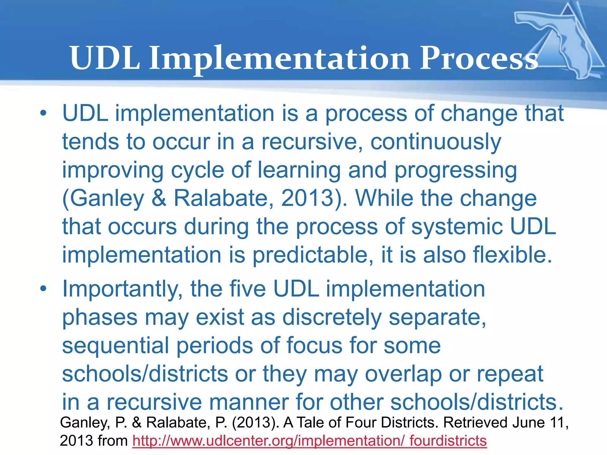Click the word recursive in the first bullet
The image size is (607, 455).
pos(311,142)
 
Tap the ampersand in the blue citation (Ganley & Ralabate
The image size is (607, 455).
pos(159,198)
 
